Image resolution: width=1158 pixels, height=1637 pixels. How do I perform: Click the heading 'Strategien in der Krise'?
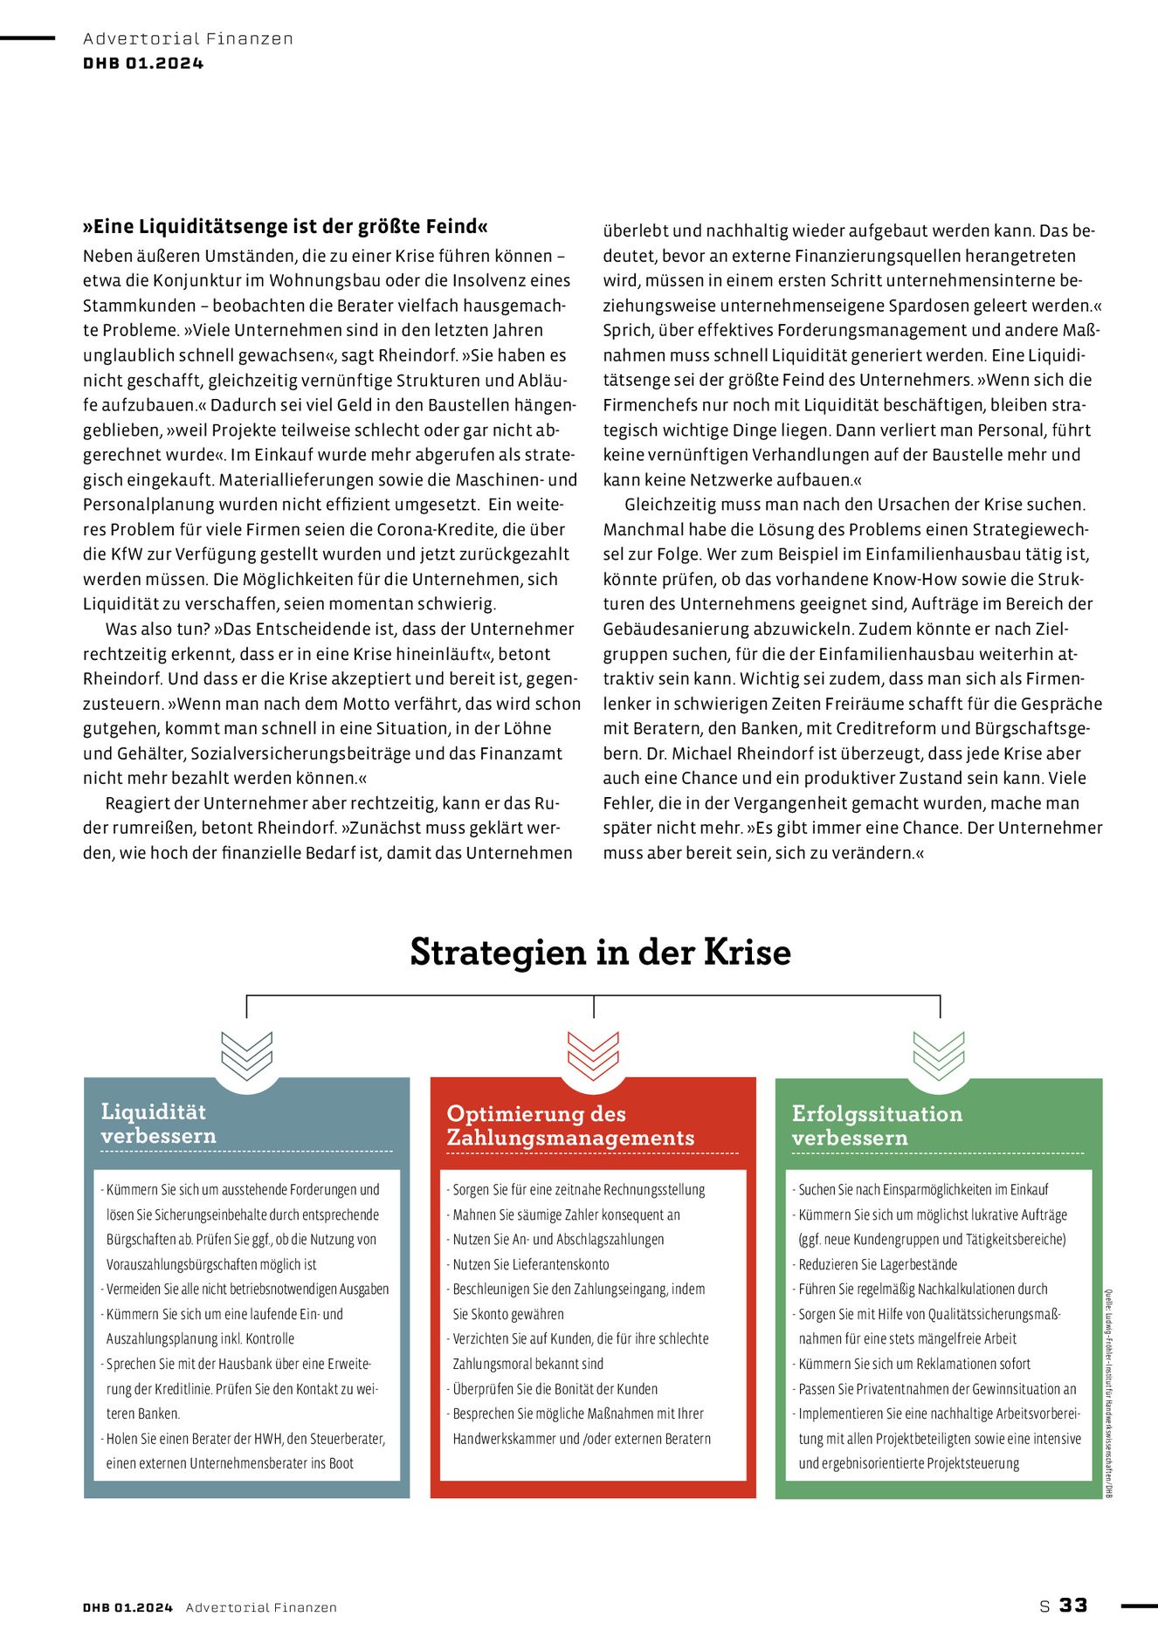point(600,952)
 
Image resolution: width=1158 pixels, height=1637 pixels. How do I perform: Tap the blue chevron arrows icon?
point(247,1056)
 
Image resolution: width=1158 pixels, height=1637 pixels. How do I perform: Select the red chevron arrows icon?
point(593,1056)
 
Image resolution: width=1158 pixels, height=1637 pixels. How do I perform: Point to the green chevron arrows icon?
point(939,1056)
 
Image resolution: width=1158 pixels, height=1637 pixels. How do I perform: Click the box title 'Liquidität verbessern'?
point(158,1124)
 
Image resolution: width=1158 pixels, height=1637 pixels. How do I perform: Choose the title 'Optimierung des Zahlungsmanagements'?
point(570,1125)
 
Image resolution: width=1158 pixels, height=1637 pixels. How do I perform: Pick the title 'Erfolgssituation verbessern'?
point(877,1125)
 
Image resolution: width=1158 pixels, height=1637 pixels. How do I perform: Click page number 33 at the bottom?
point(1073,1605)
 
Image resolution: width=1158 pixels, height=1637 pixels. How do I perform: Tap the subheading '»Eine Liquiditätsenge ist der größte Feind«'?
point(285,227)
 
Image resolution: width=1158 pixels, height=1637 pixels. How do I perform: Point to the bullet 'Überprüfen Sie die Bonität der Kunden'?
point(555,1389)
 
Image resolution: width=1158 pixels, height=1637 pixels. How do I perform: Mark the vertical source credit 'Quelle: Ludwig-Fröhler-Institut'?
point(1108,1393)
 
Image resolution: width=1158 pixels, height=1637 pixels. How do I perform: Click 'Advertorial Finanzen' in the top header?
point(188,38)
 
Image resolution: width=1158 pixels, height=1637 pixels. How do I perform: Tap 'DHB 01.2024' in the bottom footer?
point(128,1607)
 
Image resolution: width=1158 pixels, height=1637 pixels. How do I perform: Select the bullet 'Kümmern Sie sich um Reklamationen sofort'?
point(914,1364)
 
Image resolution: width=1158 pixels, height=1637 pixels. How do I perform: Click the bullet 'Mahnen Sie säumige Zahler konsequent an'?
point(566,1214)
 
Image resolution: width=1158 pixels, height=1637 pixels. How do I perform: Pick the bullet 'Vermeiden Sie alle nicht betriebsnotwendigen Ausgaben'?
point(247,1289)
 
